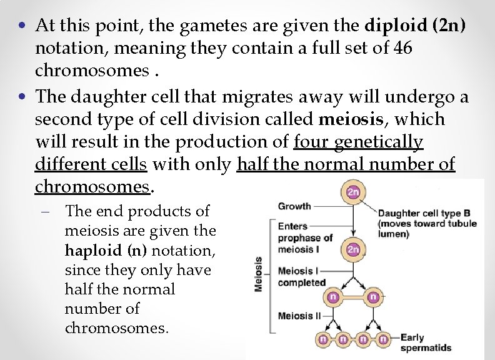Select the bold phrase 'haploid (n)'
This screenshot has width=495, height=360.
click(97, 250)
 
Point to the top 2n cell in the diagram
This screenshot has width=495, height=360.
click(354, 192)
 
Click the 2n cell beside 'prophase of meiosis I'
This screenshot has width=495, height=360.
click(354, 249)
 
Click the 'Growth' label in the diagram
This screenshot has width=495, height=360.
click(294, 206)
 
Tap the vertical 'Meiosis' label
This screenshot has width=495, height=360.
click(258, 273)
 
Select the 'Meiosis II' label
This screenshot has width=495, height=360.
click(299, 316)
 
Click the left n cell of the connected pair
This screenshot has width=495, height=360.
click(332, 297)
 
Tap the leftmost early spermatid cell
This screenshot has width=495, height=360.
click(324, 339)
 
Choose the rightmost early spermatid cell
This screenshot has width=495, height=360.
click(384, 339)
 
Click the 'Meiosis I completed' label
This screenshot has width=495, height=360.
click(301, 276)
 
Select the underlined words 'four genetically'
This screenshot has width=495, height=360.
click(358, 142)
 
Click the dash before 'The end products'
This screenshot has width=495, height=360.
click(55, 212)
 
